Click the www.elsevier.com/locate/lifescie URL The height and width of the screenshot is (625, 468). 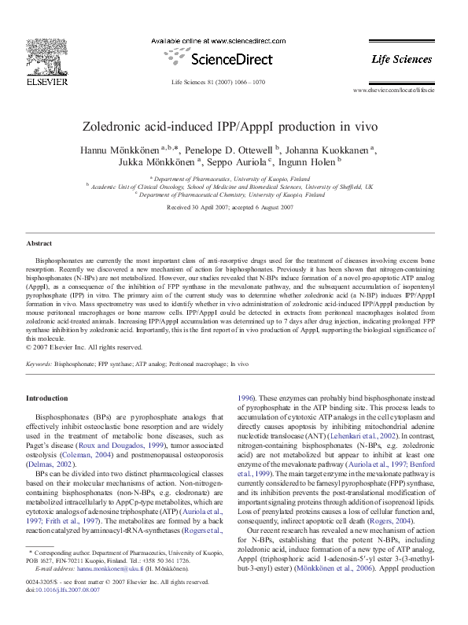tap(393, 91)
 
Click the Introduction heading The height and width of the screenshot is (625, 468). tap(48, 399)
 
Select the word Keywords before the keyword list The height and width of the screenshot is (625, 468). tap(39, 364)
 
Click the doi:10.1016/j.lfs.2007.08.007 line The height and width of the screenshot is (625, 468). tap(63, 590)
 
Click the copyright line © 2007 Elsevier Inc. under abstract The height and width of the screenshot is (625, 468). tap(84, 346)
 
